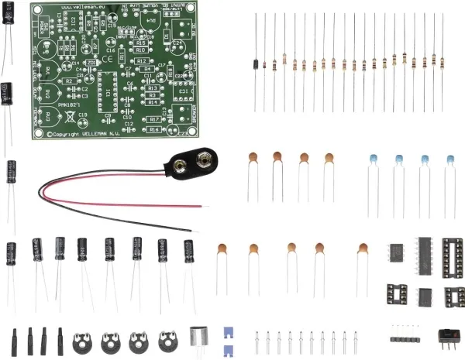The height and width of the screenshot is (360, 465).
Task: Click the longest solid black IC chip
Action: (425, 253)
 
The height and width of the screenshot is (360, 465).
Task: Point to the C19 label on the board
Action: (82, 115)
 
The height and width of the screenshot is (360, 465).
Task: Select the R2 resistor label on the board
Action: (71, 80)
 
